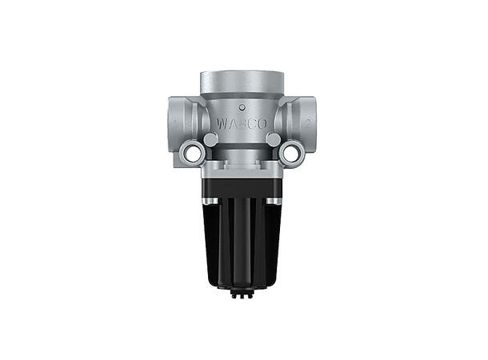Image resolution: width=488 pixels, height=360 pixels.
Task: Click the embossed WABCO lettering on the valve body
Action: point(242,124)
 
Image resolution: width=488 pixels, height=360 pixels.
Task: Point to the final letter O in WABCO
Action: point(264,124)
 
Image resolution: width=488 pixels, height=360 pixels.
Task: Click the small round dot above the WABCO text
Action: point(242,106)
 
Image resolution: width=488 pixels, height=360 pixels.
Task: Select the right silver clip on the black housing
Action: point(274,199)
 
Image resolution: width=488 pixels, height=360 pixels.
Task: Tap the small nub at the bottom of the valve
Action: point(242,296)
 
